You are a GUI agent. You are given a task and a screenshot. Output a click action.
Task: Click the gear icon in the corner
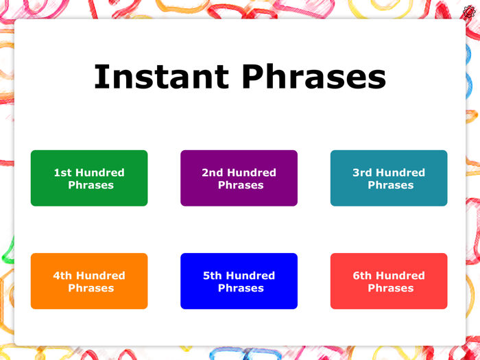[469, 12]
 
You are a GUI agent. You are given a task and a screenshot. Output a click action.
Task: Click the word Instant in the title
[161, 77]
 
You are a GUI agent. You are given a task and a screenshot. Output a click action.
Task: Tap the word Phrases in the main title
[313, 77]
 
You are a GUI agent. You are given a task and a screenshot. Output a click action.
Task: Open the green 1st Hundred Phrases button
[89, 178]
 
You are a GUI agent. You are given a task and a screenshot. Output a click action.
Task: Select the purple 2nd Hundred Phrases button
[239, 178]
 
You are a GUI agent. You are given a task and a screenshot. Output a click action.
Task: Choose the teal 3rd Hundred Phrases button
[389, 178]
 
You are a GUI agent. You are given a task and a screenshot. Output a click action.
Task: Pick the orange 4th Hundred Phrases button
[89, 281]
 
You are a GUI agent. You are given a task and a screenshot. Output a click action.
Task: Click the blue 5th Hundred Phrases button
[239, 281]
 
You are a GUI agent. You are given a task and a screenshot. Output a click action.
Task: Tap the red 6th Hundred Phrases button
[389, 281]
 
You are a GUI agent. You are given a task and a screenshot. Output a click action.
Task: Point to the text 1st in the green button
[62, 173]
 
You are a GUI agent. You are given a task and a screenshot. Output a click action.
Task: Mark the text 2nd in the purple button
[213, 173]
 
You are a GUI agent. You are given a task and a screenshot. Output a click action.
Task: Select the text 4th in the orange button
[62, 276]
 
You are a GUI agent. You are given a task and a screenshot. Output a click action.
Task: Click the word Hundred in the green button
[100, 173]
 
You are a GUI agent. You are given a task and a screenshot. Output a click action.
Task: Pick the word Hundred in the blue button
[251, 276]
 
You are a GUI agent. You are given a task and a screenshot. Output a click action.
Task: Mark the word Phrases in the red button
[390, 288]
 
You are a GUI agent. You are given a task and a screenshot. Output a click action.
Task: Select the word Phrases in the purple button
[241, 185]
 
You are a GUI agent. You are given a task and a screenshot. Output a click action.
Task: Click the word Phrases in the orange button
[91, 288]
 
